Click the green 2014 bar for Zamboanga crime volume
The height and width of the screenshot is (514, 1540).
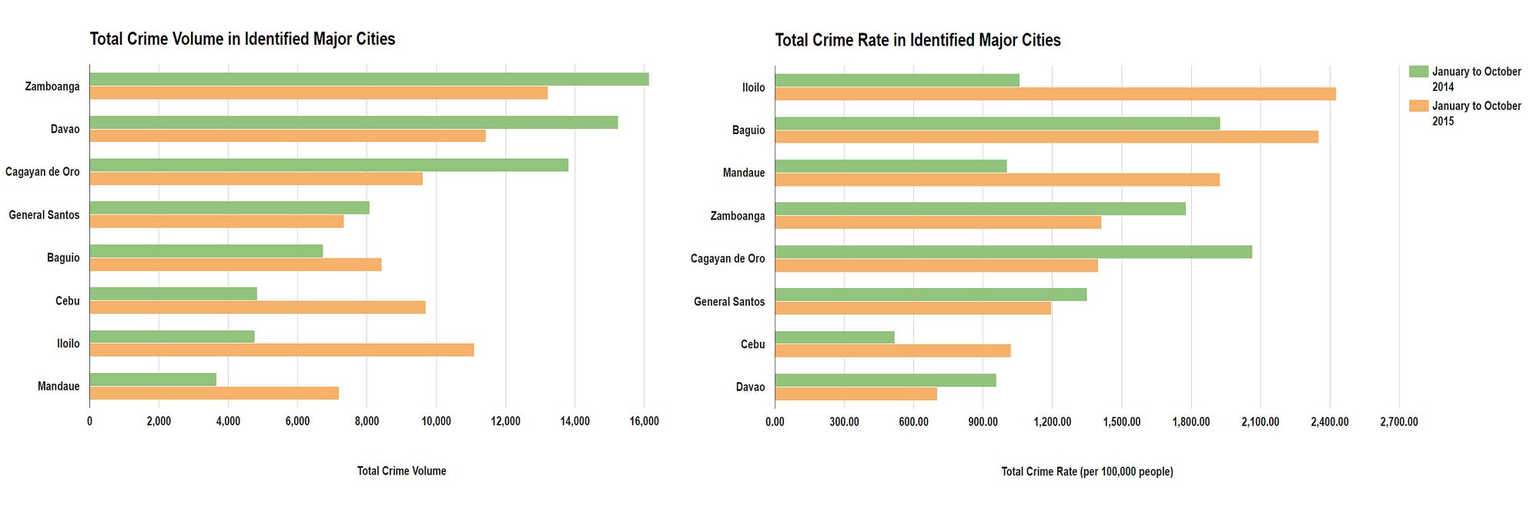coord(369,79)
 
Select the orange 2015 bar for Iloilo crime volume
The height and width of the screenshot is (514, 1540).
coord(282,350)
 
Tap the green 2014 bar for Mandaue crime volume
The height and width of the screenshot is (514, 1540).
coord(153,379)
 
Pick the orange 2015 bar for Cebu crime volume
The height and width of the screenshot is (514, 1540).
coord(257,307)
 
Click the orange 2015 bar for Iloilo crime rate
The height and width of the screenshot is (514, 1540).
coord(1055,94)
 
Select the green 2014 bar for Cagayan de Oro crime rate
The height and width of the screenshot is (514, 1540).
coord(1013,252)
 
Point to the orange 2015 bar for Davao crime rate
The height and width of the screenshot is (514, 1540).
coord(855,394)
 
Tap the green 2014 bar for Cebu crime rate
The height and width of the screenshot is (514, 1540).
coord(835,338)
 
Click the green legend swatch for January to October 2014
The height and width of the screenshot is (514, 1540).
coord(1418,72)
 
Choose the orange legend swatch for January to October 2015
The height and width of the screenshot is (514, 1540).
coord(1418,106)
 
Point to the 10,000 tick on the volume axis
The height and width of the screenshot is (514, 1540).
coord(437,422)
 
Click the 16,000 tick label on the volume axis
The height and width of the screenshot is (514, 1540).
coord(644,422)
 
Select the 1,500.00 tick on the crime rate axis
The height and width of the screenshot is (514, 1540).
coord(1122,422)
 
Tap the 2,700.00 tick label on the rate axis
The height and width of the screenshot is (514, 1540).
coord(1399,422)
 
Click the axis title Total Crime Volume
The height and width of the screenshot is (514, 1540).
coord(401,471)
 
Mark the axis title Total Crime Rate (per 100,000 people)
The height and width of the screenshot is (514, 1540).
coord(1087,472)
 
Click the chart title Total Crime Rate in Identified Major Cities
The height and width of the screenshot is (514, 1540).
coord(918,40)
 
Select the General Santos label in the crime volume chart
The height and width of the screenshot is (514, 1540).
coord(44,215)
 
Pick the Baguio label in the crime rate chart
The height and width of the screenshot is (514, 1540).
coord(748,130)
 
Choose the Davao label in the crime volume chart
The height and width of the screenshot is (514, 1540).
coord(65,129)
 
